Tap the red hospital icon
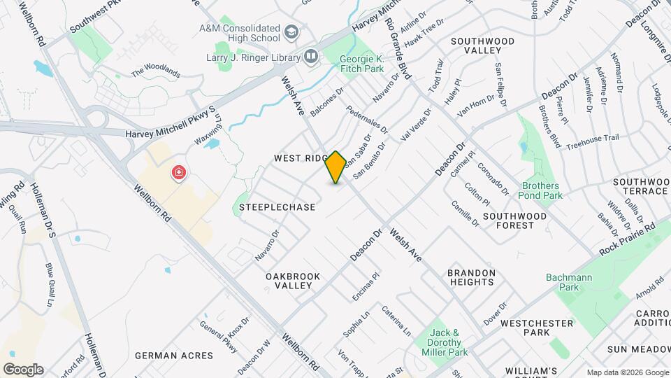click(180, 172)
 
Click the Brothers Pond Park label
click(541, 191)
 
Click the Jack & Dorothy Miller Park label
click(446, 338)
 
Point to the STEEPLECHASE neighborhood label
click(277, 207)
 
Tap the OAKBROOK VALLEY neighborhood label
click(293, 281)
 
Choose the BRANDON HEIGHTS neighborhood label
click(471, 277)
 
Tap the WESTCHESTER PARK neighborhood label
click(537, 328)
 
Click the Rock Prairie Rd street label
click(628, 239)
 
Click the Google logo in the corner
click(23, 369)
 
